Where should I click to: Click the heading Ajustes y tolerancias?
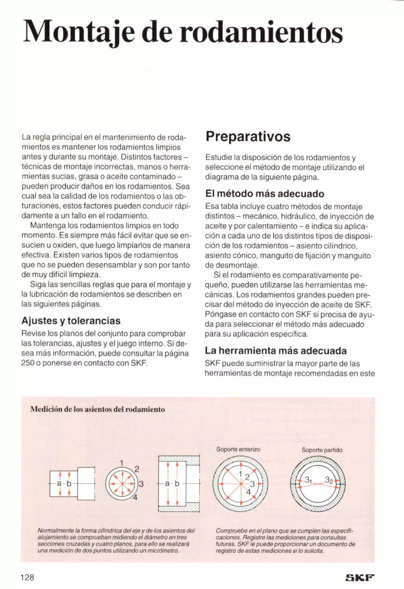(71, 321)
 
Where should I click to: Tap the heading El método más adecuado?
(264, 194)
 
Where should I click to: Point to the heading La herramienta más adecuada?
(276, 351)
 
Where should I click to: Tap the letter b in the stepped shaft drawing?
(69, 484)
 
